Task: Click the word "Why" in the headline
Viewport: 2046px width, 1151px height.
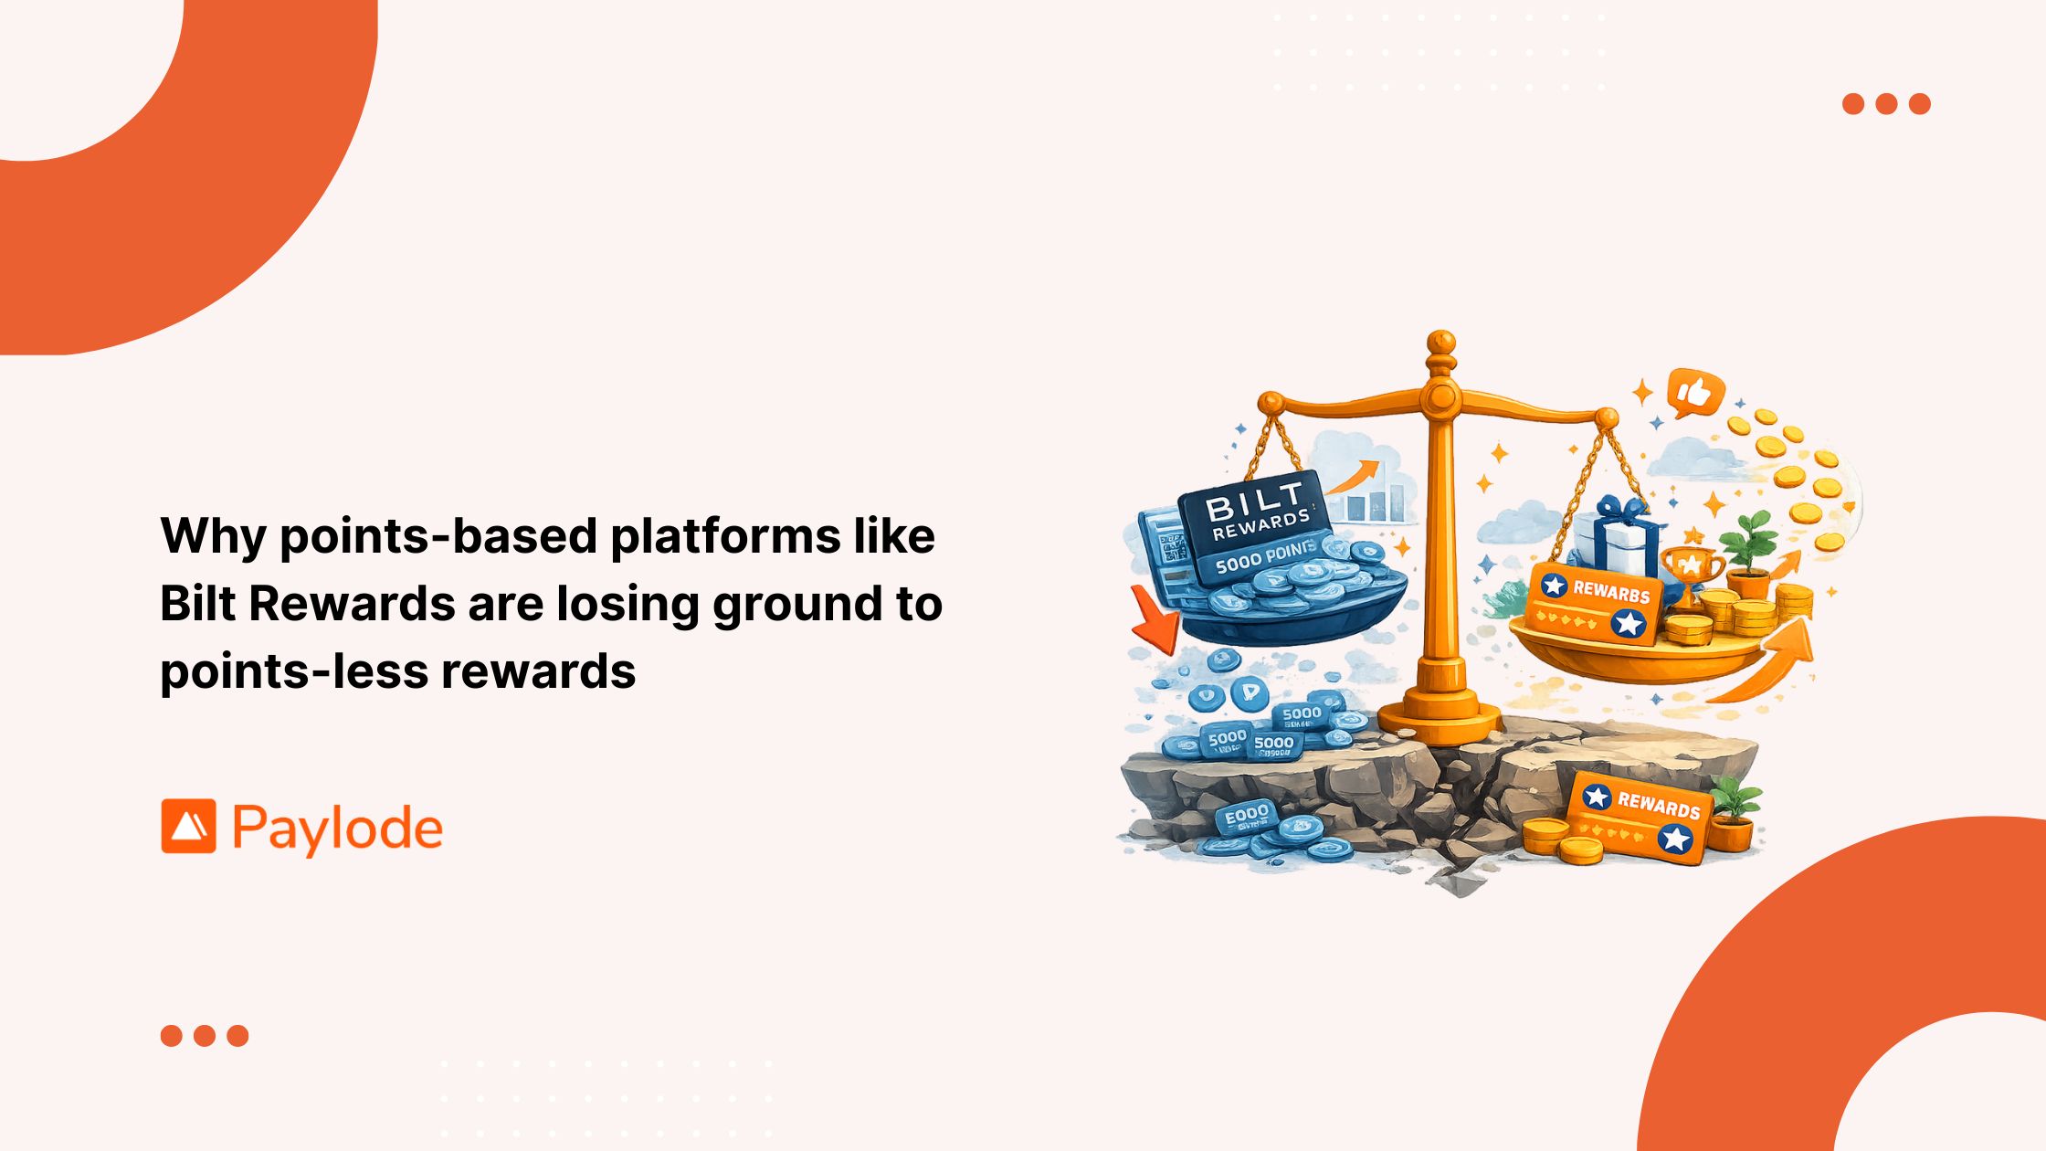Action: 212,536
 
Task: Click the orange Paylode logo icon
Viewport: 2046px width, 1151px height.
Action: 189,827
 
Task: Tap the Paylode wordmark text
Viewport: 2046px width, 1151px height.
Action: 338,829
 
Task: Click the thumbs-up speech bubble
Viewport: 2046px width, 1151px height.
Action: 1694,393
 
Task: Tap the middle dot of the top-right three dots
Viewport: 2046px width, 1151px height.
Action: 1886,103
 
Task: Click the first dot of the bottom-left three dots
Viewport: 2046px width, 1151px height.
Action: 171,1035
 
